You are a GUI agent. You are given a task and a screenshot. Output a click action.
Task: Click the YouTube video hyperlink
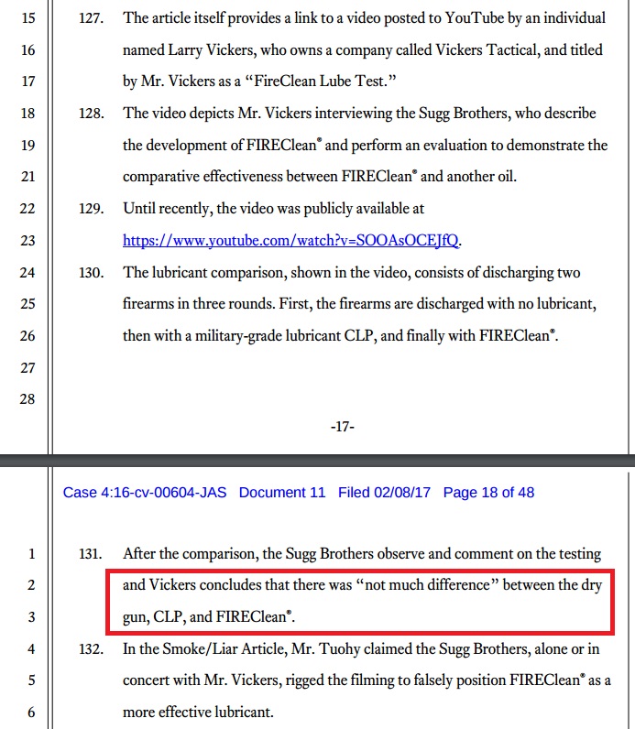293,242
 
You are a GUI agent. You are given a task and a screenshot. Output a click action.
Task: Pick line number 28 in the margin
27,399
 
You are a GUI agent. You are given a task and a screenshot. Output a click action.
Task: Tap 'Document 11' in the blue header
282,493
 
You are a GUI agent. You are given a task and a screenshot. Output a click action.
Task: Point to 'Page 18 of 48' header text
488,493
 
